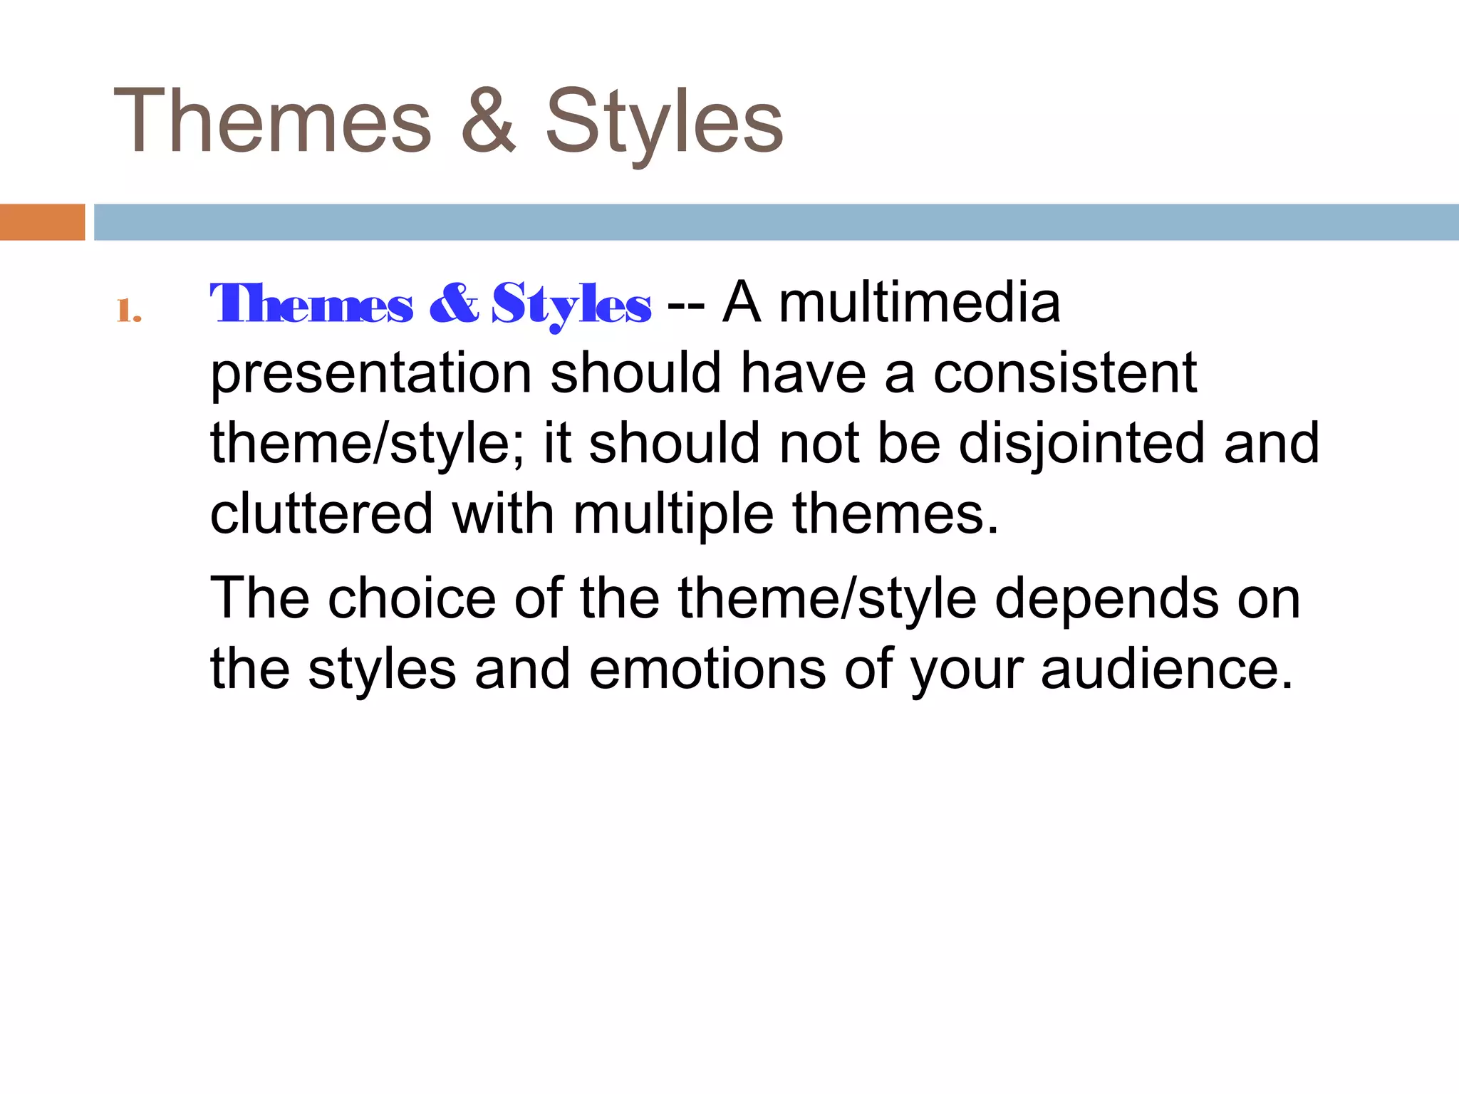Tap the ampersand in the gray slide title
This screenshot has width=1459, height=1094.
pos(488,121)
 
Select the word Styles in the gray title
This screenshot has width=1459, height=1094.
pos(664,121)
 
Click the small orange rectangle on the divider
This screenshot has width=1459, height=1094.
pos(42,222)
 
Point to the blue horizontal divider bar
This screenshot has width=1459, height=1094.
pos(776,222)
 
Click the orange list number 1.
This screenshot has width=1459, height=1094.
pos(128,311)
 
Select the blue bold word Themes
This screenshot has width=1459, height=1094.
pos(311,304)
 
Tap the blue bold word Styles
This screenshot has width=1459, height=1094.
pos(571,304)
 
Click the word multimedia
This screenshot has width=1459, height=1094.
pos(919,303)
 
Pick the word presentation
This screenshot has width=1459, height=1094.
pos(371,373)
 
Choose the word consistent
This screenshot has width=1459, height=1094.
pos(1064,373)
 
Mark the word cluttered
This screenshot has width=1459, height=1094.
pos(321,514)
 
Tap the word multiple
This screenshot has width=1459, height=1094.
pos(673,514)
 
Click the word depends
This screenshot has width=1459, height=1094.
pos(1106,598)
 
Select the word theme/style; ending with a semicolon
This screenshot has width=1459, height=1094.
pos(368,443)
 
